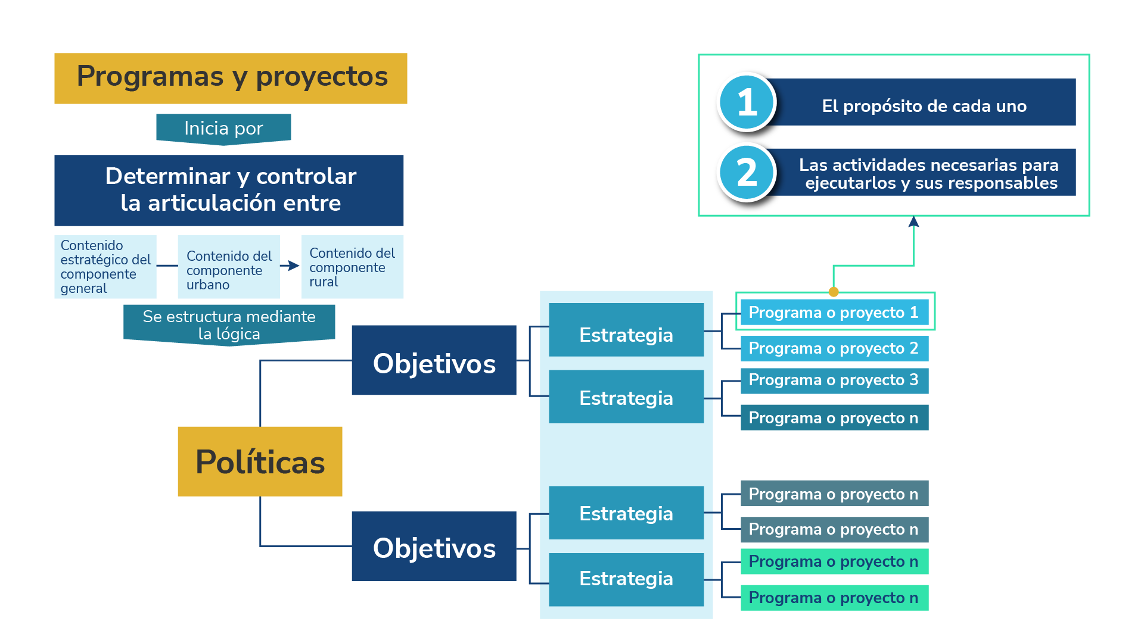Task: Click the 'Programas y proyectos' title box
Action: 231,78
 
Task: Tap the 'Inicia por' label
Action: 223,128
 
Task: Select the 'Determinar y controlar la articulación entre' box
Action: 229,190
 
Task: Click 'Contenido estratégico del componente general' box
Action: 105,267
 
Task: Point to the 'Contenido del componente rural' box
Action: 352,267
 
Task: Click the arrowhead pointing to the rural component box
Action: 293,266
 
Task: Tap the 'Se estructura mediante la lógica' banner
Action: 229,324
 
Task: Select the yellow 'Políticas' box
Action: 260,461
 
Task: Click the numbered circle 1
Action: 747,102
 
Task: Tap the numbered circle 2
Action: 747,173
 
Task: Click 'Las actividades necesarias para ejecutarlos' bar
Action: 928,173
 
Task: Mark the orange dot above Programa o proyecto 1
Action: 834,292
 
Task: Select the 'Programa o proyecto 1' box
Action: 834,312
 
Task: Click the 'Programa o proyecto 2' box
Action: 834,348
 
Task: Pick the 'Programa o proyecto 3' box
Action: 834,380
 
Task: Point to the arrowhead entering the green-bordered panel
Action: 913,222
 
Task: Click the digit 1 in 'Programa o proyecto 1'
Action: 914,313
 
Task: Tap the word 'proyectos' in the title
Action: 322,77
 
